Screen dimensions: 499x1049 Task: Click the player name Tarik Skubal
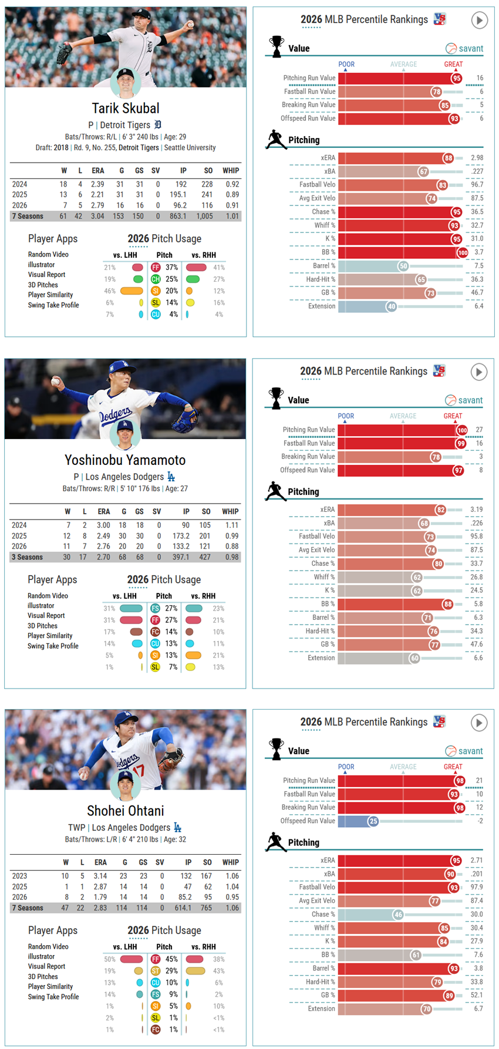point(126,108)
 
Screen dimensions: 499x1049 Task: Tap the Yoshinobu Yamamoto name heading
point(125,460)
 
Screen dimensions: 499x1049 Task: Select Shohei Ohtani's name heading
point(126,811)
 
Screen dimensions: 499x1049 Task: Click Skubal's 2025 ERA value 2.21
point(97,195)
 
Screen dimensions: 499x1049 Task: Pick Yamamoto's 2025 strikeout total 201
point(205,536)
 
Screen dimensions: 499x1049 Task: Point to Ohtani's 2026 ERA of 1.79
point(100,897)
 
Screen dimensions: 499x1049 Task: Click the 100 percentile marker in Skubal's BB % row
point(463,252)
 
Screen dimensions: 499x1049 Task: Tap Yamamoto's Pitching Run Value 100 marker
point(462,430)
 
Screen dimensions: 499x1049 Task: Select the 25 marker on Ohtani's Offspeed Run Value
point(373,821)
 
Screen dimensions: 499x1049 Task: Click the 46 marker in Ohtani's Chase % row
point(398,915)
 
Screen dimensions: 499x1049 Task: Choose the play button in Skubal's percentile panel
point(480,21)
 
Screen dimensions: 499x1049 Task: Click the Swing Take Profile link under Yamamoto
point(53,646)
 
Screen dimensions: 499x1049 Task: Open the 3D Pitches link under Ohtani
point(43,977)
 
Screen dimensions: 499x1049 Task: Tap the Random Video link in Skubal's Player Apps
point(48,254)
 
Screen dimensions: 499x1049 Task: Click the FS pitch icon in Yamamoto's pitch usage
point(155,609)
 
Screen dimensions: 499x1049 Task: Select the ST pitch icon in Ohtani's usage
point(156,971)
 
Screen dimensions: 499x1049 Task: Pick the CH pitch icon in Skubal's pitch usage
point(156,279)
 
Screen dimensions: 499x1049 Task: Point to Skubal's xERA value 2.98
point(477,158)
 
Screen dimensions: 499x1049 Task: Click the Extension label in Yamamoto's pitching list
point(321,658)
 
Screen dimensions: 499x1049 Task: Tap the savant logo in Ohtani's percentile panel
point(464,751)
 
